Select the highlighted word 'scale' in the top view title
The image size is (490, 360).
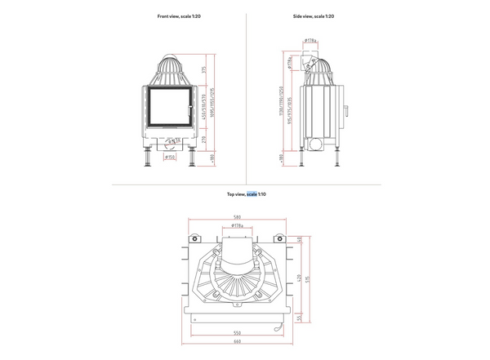coord(252,194)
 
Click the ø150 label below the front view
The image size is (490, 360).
coord(169,158)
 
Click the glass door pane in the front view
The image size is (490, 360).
coord(169,107)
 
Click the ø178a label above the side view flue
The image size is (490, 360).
coord(310,40)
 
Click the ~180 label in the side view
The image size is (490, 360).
coord(281,157)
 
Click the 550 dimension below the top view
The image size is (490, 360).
coord(238,334)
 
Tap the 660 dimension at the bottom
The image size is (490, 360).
coord(238,342)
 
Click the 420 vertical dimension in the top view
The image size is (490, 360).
coord(300,278)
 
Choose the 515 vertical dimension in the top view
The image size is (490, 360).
coord(306,278)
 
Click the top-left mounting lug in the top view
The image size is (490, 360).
coord(196,240)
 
